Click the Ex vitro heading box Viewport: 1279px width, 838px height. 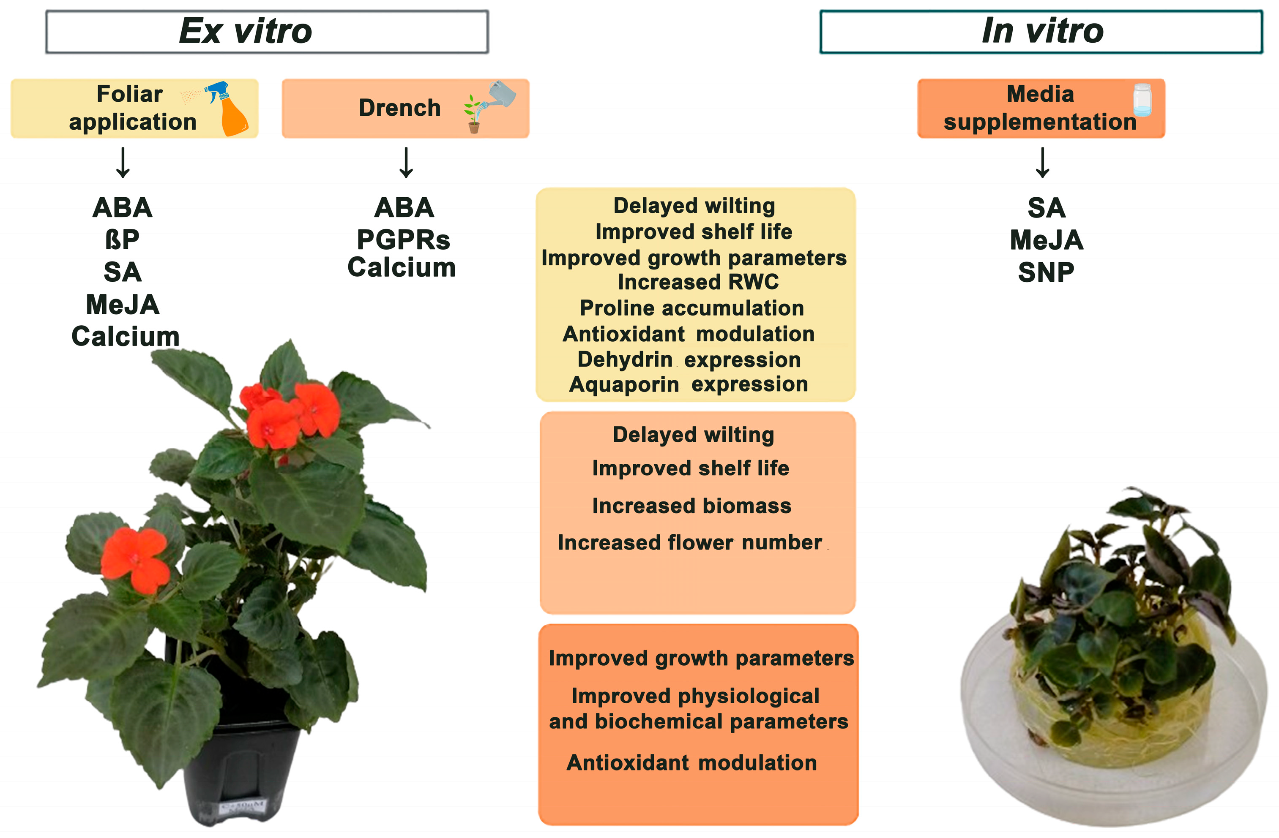tap(267, 32)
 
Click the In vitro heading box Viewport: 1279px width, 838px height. tap(1041, 32)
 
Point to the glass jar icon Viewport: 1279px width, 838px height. tap(1142, 100)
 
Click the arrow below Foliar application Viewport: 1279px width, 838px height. tap(123, 162)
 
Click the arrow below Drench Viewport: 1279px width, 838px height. tap(406, 162)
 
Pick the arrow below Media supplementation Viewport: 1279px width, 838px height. tap(1043, 162)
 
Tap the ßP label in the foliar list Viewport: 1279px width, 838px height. tap(123, 239)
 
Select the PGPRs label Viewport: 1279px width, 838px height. tap(404, 239)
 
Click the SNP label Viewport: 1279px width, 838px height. tap(1046, 272)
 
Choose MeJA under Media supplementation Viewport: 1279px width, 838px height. tap(1046, 239)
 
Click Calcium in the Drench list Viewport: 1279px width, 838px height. tap(402, 267)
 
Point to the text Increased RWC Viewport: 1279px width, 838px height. tap(697, 282)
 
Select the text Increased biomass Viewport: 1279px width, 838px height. tap(691, 506)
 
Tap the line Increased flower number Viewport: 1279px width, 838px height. tap(690, 543)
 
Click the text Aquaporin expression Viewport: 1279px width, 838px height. tap(689, 385)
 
